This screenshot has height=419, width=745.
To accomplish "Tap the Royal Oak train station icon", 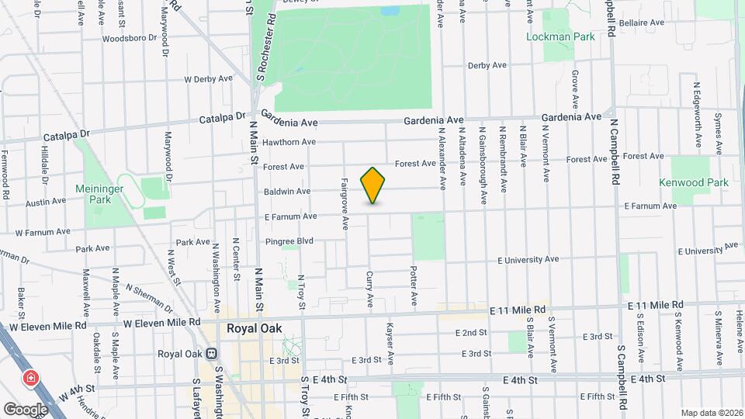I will point(210,354).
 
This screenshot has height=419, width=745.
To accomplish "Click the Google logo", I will point(26,408).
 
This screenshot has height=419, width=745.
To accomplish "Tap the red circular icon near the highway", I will point(30,379).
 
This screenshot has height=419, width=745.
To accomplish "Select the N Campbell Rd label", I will point(615,152).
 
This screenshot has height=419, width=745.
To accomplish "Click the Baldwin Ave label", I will point(287,191).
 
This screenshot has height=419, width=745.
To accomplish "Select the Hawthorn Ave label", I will point(289,142).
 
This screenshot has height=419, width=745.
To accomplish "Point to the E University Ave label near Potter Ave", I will point(532,259).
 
